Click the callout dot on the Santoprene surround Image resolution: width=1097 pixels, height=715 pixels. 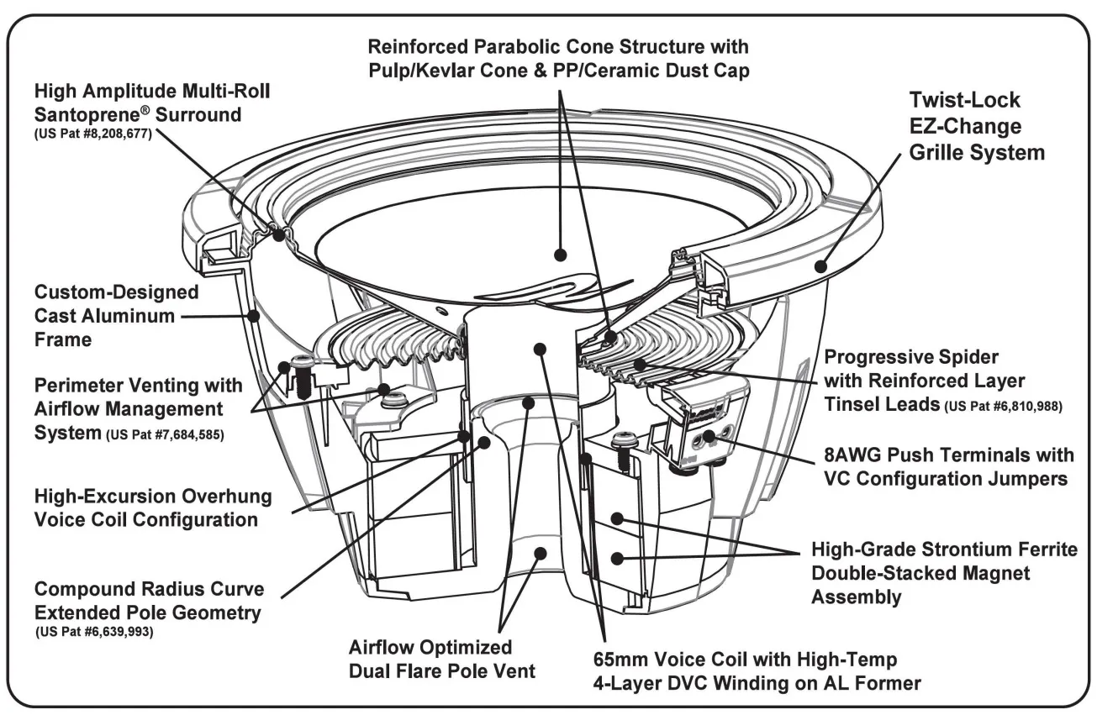(x=277, y=238)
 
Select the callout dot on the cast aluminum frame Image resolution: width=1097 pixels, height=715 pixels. (x=254, y=316)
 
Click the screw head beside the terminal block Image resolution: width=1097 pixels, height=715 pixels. (x=623, y=438)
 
